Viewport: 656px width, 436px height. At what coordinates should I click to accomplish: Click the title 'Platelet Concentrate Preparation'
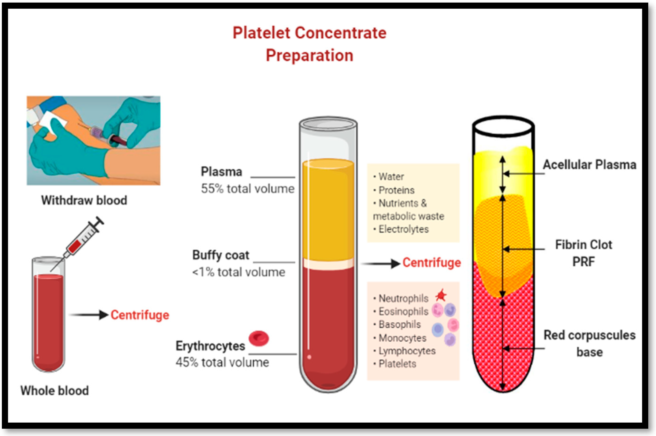[309, 44]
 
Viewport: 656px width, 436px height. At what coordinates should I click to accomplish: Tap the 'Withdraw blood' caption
[84, 200]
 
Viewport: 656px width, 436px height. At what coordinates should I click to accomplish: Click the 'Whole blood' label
[55, 391]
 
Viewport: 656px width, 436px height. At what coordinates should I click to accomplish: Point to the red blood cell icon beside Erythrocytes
[259, 338]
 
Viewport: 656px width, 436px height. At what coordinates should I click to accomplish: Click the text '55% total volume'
[247, 189]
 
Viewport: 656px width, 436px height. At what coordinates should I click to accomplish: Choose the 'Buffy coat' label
[221, 255]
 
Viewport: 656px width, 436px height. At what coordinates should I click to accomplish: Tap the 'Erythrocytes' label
[210, 346]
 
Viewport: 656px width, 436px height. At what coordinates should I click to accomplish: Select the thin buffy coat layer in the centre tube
[328, 264]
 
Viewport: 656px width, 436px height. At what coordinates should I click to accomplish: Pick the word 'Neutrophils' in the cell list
[403, 298]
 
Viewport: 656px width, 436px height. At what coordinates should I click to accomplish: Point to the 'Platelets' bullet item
[397, 364]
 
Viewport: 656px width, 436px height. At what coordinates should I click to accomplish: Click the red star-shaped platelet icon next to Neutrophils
[441, 295]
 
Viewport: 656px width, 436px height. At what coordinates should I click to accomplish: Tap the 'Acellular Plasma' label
[590, 165]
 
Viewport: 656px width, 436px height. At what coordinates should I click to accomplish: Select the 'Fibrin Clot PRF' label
[583, 253]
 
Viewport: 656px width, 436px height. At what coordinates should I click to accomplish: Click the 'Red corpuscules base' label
[590, 343]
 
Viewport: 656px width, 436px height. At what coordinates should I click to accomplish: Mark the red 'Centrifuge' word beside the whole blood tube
[140, 315]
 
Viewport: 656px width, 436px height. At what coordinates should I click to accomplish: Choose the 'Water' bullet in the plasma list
[391, 177]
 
